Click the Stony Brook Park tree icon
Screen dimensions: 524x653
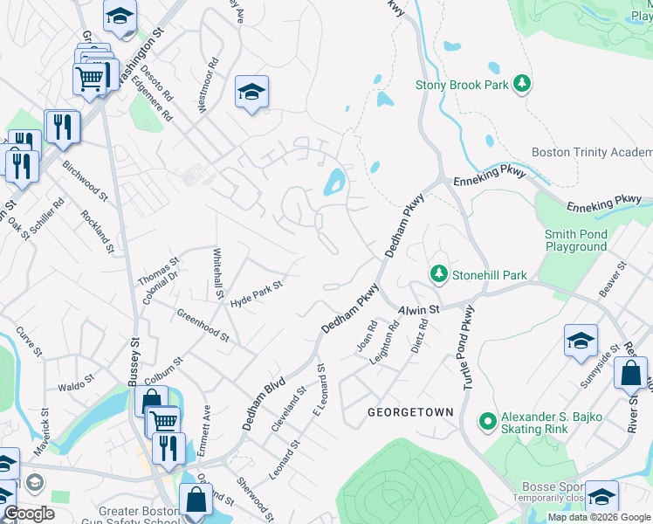click(x=523, y=84)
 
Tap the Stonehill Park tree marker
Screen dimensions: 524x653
click(x=438, y=274)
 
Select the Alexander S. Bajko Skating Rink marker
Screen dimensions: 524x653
click(x=487, y=423)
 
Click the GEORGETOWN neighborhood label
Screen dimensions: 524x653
click(x=410, y=411)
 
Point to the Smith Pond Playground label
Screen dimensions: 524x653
click(x=575, y=240)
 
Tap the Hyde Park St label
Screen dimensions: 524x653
click(x=257, y=293)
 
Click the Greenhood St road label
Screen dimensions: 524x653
click(x=203, y=325)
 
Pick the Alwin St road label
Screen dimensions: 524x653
click(x=418, y=309)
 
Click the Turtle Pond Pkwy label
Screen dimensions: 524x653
click(x=464, y=348)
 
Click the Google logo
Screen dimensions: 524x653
click(x=28, y=514)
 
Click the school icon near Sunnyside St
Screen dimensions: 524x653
click(x=581, y=341)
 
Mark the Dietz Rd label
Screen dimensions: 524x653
click(x=420, y=336)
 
